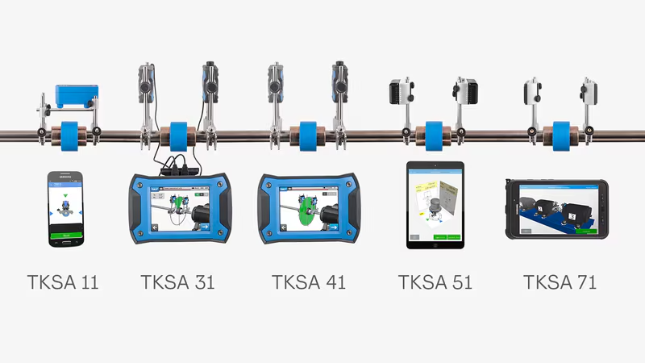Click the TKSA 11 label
62,282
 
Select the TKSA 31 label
177,282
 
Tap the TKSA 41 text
309,282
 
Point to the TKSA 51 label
435,282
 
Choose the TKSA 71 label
560,282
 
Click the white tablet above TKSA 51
435,205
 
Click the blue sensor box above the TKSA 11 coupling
76,98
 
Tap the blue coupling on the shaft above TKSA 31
177,133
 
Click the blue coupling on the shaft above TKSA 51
435,133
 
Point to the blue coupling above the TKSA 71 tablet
559,133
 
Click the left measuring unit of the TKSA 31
146,81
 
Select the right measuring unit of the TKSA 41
339,81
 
